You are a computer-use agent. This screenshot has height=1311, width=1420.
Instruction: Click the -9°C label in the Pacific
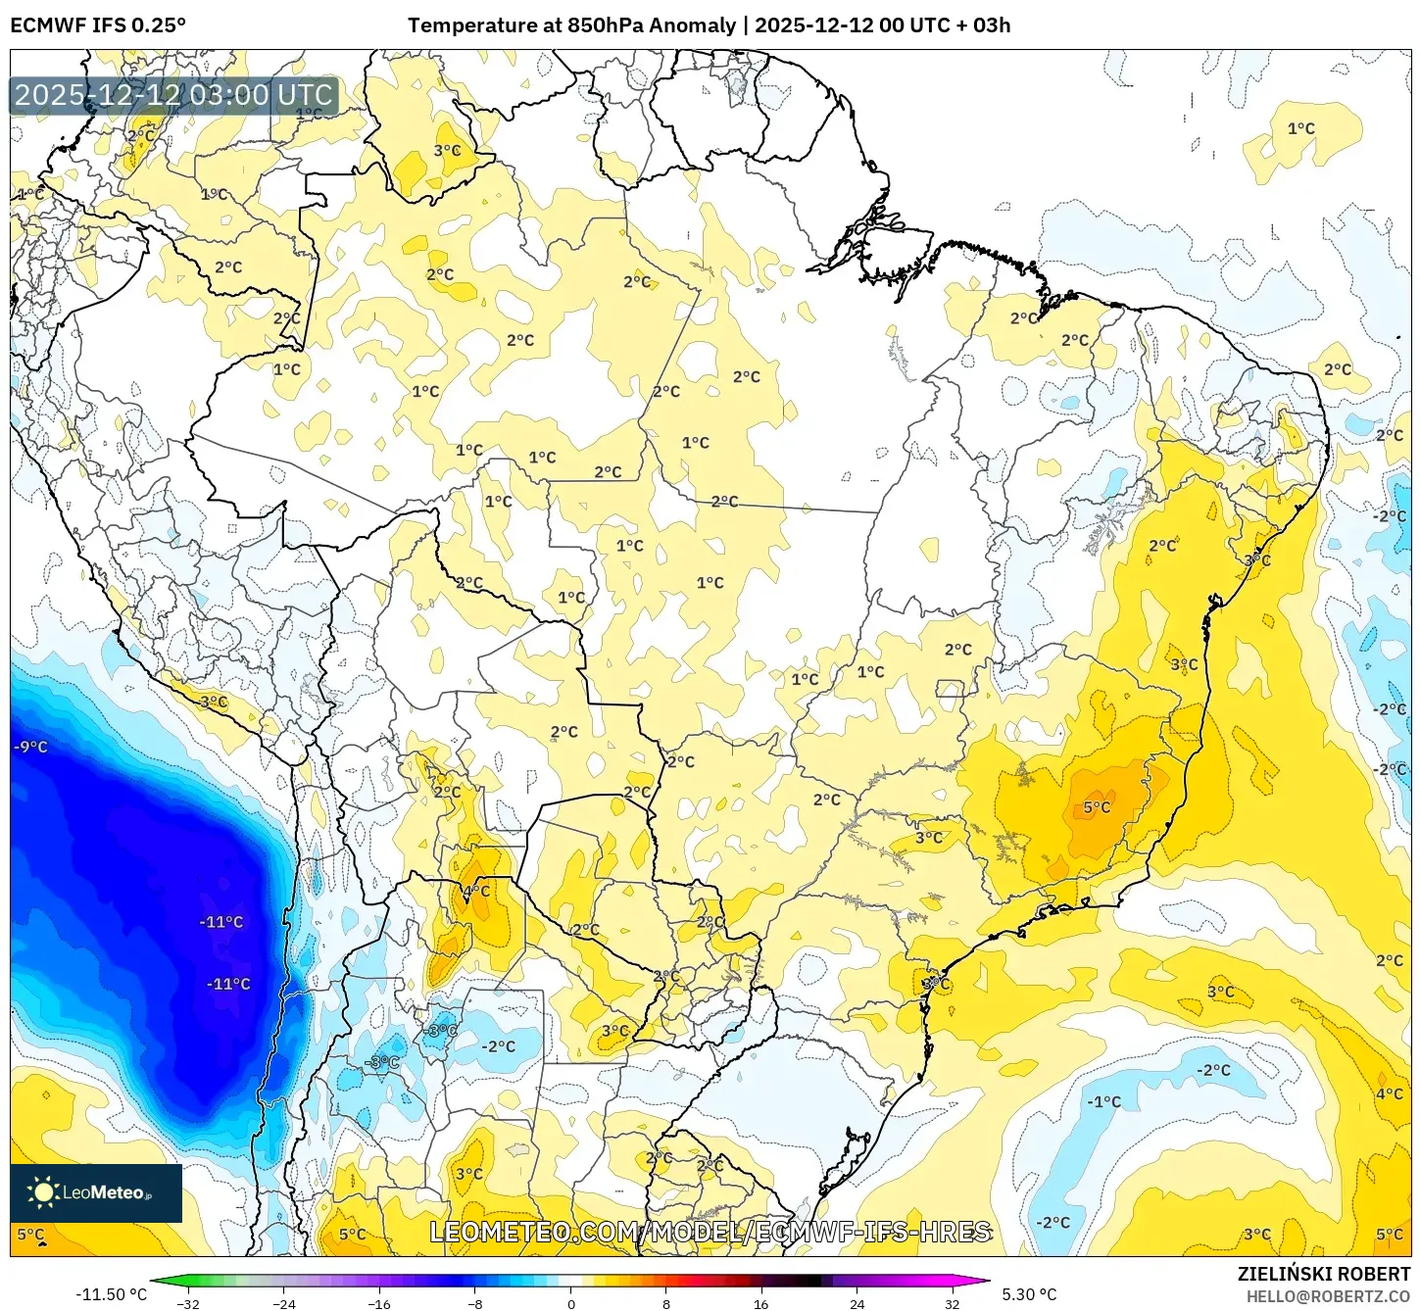click(x=30, y=747)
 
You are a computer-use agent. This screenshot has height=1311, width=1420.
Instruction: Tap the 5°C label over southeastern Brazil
click(x=1097, y=807)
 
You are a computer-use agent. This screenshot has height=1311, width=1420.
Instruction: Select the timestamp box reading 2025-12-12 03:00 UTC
click(x=173, y=95)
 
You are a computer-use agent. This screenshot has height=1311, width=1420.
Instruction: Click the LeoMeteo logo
click(x=96, y=1192)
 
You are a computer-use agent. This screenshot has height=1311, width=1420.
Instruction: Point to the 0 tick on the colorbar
click(x=571, y=1303)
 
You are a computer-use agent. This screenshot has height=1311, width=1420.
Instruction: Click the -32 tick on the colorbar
click(x=187, y=1303)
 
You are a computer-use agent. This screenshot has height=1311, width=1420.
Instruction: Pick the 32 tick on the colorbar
click(x=953, y=1303)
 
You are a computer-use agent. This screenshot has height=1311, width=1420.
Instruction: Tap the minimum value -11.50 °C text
click(x=111, y=1294)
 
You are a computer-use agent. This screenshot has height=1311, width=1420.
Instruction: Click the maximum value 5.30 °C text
click(x=1029, y=1294)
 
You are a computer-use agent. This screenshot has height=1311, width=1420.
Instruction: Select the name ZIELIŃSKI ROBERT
click(x=1323, y=1274)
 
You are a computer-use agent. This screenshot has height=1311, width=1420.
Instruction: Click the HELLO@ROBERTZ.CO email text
click(x=1328, y=1296)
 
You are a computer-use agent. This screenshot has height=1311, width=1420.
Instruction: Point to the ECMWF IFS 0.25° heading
click(x=98, y=25)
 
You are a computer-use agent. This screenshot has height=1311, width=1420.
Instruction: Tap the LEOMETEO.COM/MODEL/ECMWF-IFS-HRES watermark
click(x=710, y=1232)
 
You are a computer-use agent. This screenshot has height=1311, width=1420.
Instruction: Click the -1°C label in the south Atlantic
click(x=1103, y=1101)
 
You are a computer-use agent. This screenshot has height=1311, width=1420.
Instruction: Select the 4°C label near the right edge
click(x=1389, y=1093)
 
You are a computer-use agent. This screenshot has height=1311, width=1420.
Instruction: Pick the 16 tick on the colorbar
click(x=761, y=1303)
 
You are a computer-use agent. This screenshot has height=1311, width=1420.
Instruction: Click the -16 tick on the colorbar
click(x=379, y=1303)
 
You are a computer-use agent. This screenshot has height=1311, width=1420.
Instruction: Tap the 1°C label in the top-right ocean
click(x=1300, y=128)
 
